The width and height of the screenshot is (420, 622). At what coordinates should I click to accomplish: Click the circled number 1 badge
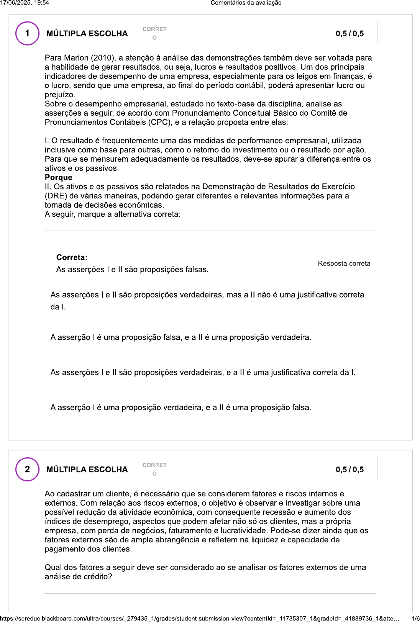(27, 33)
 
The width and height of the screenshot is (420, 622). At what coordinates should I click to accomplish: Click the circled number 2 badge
(27, 469)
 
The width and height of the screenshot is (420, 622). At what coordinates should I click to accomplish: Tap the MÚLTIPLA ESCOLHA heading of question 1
(87, 34)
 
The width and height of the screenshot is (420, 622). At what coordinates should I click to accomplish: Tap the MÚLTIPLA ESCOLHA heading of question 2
(87, 470)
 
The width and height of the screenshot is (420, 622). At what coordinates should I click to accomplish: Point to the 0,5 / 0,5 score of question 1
(349, 34)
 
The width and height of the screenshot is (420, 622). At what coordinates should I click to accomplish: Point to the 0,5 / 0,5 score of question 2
(349, 470)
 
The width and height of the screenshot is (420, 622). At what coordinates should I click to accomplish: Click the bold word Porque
(58, 177)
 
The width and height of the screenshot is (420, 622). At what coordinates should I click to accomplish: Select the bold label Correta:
(72, 257)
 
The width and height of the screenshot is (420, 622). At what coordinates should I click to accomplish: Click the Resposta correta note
(344, 264)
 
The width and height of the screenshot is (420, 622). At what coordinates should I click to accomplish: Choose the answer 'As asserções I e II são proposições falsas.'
(132, 270)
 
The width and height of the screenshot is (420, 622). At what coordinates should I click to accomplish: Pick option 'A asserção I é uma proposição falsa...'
(180, 337)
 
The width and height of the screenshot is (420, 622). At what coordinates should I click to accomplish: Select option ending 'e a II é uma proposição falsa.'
(180, 408)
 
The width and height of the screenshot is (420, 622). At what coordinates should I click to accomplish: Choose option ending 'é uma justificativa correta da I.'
(203, 372)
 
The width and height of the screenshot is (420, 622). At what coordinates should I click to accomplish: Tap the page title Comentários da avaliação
(246, 3)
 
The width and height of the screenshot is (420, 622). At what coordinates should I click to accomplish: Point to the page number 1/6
(415, 619)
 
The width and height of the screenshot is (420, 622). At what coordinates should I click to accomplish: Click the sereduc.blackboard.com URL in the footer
(199, 619)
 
